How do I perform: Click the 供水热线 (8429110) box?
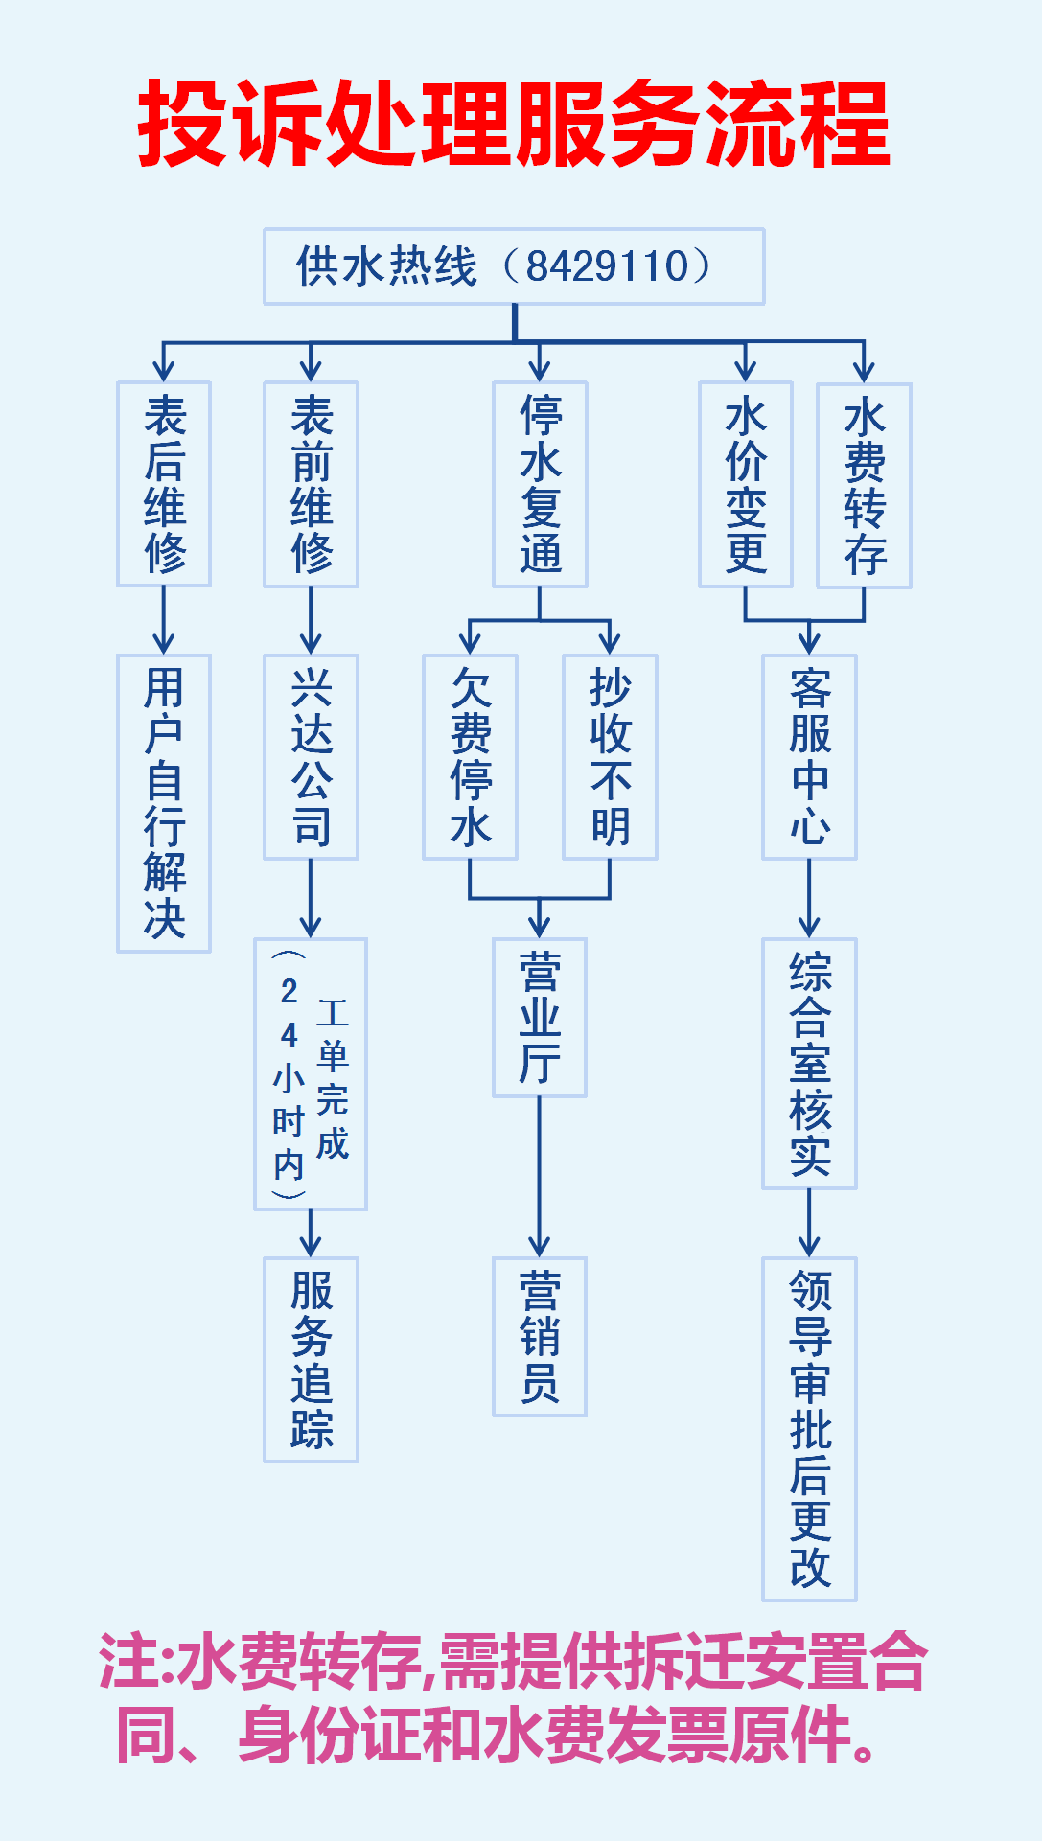(x=514, y=266)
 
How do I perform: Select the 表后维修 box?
(x=164, y=484)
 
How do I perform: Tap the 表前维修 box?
(x=311, y=484)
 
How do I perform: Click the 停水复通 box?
(x=540, y=484)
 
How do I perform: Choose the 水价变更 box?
(x=746, y=484)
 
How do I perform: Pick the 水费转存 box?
(x=864, y=485)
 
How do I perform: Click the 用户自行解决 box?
(x=164, y=803)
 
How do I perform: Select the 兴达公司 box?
(x=311, y=757)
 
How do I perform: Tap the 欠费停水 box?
(x=470, y=757)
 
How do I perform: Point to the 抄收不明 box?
(x=610, y=757)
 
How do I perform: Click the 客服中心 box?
(x=809, y=757)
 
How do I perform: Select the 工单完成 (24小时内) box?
(x=311, y=1073)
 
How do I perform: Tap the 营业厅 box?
(x=540, y=1017)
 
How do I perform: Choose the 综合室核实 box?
(x=809, y=1064)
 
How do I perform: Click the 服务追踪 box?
(x=311, y=1359)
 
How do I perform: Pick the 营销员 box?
(x=540, y=1336)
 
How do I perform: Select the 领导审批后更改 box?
(x=809, y=1429)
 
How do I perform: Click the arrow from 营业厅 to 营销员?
(x=540, y=1177)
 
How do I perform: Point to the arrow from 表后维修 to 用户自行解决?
(x=164, y=620)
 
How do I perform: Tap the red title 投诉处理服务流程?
(x=515, y=125)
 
